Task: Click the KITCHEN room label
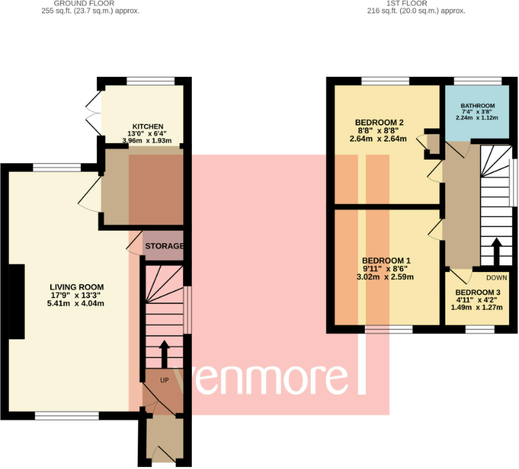[147, 126]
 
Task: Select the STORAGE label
[165, 247]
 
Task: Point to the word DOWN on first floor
[497, 277]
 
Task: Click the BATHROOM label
[478, 106]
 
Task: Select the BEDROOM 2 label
[379, 122]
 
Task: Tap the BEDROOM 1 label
[386, 261]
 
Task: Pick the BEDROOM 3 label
[478, 293]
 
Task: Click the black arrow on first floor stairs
[496, 252]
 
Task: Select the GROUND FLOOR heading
[88, 3]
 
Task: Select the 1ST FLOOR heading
[415, 3]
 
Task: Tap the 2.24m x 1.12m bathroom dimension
[478, 118]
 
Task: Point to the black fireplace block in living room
[17, 301]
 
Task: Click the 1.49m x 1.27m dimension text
[478, 309]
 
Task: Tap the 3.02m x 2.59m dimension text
[386, 277]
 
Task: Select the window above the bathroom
[478, 82]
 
